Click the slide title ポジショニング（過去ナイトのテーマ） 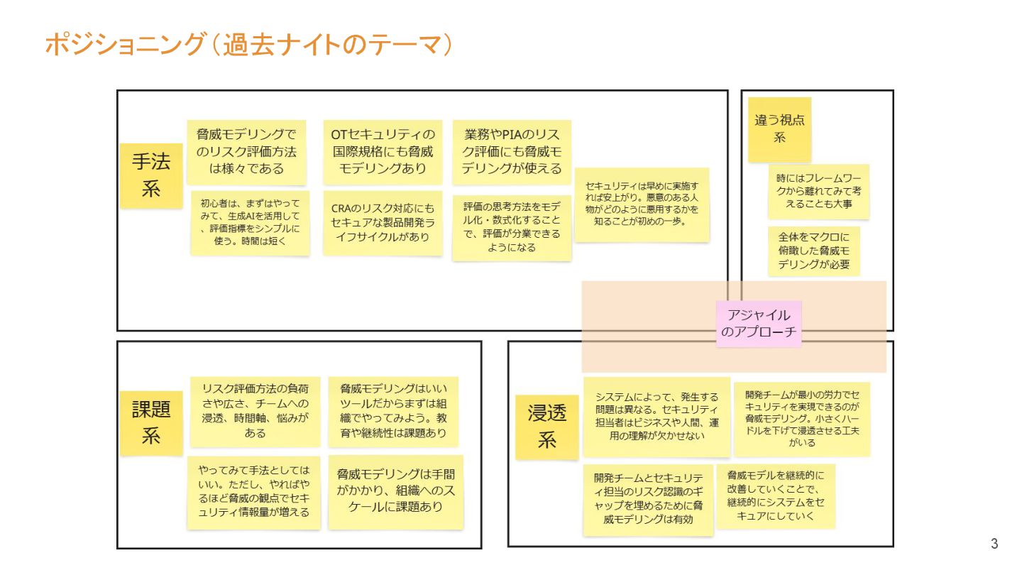point(249,45)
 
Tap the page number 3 point(994,544)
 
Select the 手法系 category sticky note point(150,175)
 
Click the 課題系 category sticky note point(150,422)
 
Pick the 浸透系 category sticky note point(546,427)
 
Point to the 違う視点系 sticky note point(779,129)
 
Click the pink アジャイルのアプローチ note point(758,324)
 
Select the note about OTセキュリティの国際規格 point(383,151)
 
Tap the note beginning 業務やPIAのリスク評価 point(512,151)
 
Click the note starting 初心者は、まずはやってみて point(250,222)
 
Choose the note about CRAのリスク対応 point(383,222)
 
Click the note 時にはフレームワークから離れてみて point(818,192)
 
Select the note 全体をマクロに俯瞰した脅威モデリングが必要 point(813,251)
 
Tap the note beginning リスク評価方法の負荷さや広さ point(255,411)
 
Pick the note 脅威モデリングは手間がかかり point(395,491)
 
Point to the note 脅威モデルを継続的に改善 point(775,495)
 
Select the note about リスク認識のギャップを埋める point(648,499)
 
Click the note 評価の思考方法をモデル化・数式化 point(512,227)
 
